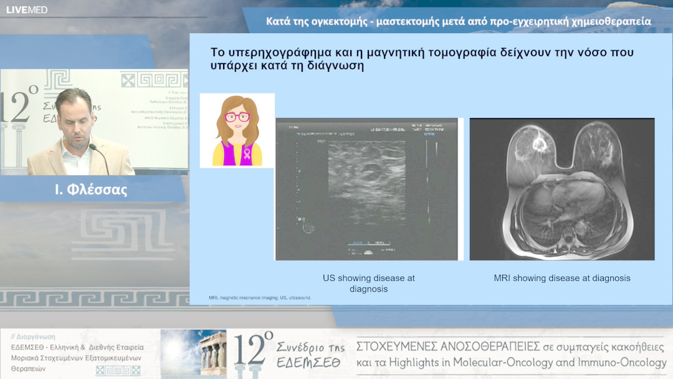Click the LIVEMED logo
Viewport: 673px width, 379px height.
(x=27, y=9)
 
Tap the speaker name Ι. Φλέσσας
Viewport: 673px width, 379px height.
(x=91, y=190)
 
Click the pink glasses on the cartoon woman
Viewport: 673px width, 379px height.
(x=236, y=117)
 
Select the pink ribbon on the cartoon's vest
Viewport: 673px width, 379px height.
(x=247, y=153)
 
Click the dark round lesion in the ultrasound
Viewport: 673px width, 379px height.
(x=370, y=173)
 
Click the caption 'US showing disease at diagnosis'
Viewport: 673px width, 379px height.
(x=368, y=283)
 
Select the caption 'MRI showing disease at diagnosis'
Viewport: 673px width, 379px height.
(x=561, y=278)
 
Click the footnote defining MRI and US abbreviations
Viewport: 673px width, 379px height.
(x=260, y=298)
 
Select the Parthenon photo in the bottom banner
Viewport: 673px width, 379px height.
(x=193, y=353)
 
